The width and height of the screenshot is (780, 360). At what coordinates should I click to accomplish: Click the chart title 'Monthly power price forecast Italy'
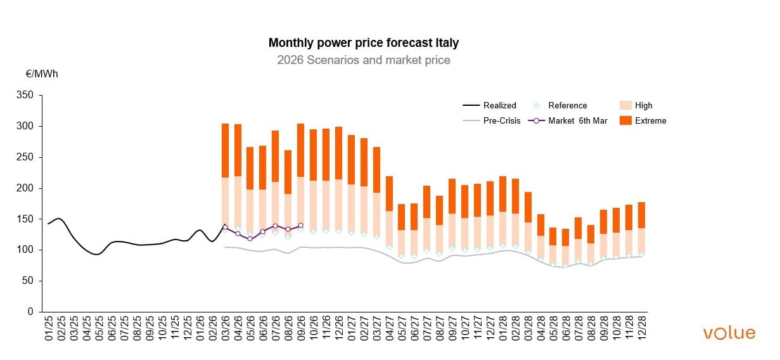click(363, 43)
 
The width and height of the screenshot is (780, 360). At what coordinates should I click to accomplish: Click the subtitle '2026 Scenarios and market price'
click(363, 60)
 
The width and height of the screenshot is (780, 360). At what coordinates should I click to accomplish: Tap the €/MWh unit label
click(41, 74)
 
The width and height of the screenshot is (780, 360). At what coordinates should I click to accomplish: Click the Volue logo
click(729, 333)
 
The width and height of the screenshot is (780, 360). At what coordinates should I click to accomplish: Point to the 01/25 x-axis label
click(49, 329)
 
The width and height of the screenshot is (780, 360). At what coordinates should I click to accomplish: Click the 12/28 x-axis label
click(641, 329)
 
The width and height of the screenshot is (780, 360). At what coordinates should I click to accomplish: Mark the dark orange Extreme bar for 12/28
click(641, 215)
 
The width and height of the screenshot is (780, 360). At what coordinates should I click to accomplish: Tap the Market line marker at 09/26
click(300, 225)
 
